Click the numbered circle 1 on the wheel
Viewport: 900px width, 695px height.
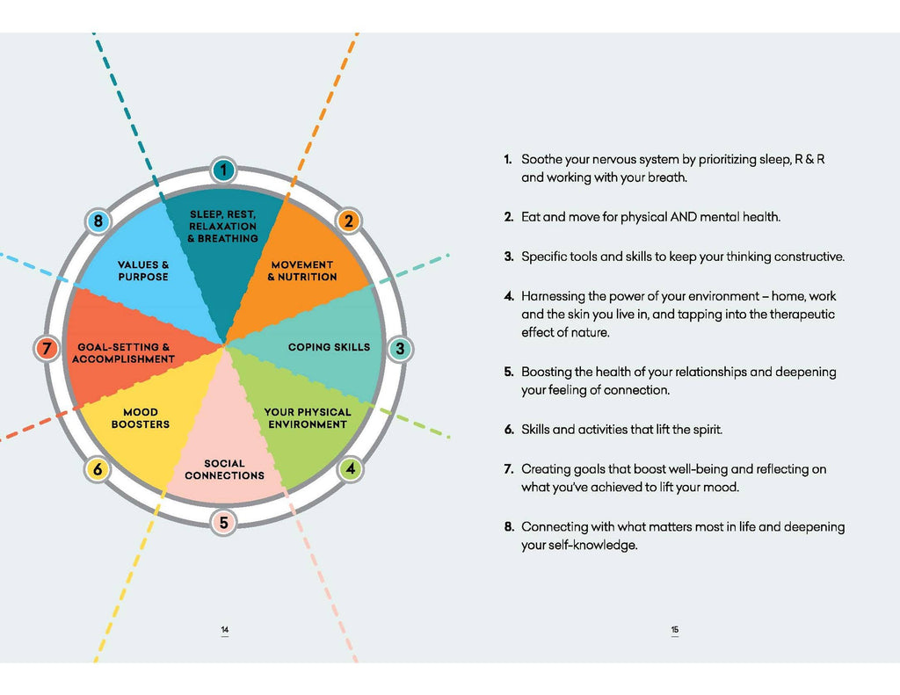[223, 170]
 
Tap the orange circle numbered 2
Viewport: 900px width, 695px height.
[348, 221]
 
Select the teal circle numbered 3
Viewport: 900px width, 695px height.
[400, 348]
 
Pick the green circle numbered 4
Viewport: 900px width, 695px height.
[350, 469]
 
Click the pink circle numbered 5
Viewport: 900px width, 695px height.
[223, 522]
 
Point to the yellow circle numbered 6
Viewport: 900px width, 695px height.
[98, 469]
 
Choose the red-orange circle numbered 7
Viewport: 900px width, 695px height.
[47, 348]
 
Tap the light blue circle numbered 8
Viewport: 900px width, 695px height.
[98, 221]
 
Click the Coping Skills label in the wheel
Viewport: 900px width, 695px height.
[329, 347]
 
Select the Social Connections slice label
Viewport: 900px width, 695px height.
[224, 469]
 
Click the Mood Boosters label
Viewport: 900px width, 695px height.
[141, 418]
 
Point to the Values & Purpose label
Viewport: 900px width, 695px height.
[143, 271]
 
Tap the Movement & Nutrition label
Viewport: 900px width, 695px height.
[302, 271]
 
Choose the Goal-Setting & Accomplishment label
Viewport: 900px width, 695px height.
[123, 353]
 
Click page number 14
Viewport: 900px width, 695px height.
[224, 630]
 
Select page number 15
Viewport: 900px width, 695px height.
[675, 630]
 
